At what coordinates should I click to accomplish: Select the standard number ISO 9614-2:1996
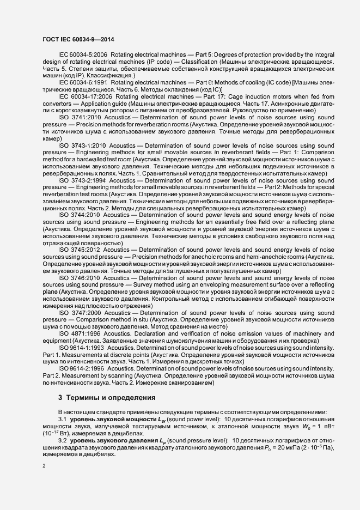(x=80, y=369)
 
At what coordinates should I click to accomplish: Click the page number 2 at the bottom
(x=44, y=466)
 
